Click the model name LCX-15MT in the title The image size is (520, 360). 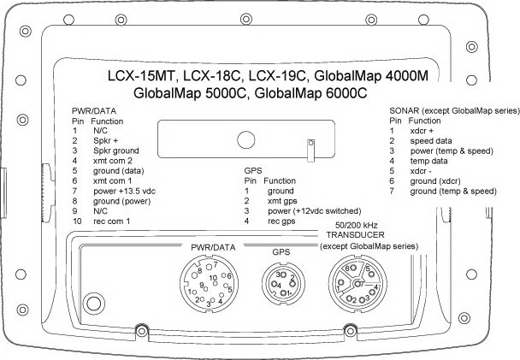pos(140,76)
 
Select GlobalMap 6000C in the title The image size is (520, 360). pos(310,93)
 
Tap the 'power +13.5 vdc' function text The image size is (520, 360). pos(124,192)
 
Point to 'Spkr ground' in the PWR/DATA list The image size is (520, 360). pos(116,150)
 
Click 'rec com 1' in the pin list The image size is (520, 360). pos(112,221)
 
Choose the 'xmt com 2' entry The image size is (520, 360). pos(113,161)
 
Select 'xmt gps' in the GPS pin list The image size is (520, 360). pos(282,201)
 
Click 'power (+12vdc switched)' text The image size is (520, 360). pos(315,211)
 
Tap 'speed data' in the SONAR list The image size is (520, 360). pos(431,141)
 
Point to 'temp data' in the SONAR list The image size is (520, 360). pos(428,161)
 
